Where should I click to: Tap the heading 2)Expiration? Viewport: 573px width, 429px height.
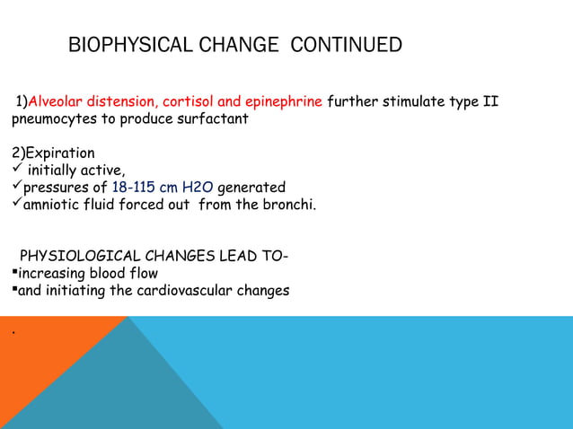pos(53,153)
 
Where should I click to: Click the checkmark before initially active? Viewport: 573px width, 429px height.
pos(16,170)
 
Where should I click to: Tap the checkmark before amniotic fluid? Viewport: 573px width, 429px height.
pos(16,204)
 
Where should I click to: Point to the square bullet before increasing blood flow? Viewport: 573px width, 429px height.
pos(14,274)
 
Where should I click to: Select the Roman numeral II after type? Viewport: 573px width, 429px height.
pos(490,101)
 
